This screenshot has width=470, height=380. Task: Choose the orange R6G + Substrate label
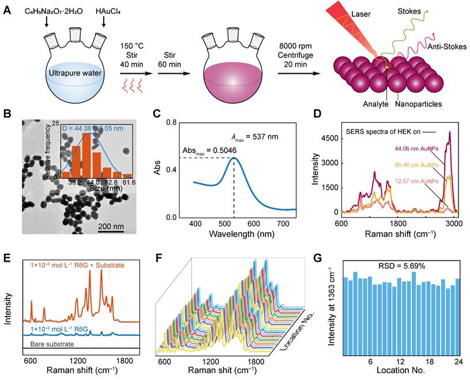pos(74,266)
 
